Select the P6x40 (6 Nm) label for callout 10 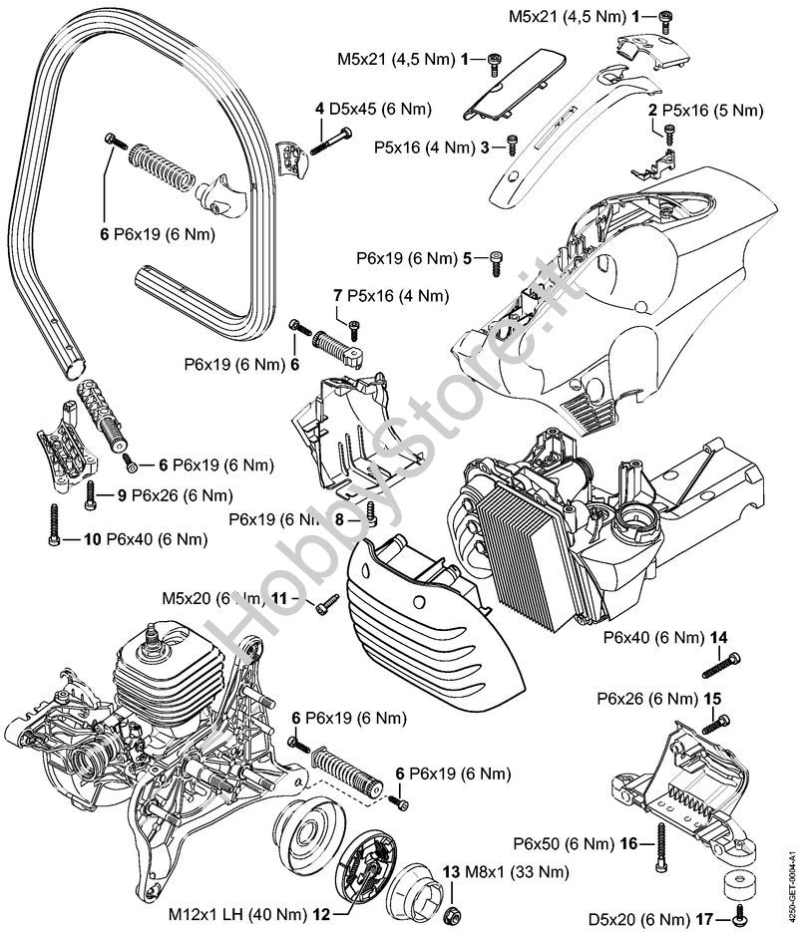160,539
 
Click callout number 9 121,494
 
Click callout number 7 338,295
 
